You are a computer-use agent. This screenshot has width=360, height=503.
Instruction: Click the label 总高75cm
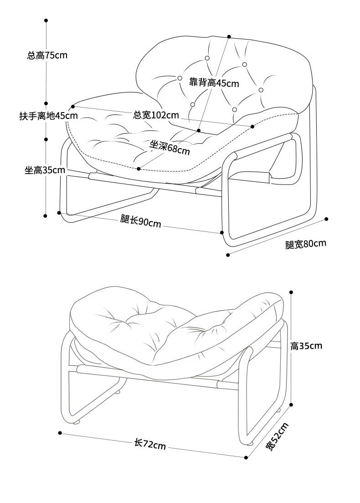point(47,56)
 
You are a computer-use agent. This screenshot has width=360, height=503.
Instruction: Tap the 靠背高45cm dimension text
point(214,83)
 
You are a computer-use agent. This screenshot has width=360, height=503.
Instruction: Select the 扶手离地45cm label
point(48,116)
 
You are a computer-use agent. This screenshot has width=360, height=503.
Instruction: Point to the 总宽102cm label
point(156,115)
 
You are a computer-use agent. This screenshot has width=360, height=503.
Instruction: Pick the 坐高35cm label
point(45,170)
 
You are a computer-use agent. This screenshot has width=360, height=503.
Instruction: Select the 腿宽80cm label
point(306,244)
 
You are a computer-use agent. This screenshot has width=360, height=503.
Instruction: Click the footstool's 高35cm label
point(306,346)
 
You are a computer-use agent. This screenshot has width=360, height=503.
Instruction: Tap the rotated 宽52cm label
point(277,436)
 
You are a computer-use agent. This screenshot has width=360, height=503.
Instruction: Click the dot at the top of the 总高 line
point(46,21)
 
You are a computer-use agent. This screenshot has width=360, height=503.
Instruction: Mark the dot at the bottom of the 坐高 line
point(45,216)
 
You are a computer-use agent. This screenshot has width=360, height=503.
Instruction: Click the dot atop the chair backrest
point(229,36)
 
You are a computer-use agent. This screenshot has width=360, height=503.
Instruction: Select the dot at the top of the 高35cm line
point(291,292)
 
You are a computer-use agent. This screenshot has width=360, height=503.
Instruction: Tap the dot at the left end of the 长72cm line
point(60,432)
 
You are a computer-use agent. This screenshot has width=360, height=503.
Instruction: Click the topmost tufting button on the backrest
point(207,58)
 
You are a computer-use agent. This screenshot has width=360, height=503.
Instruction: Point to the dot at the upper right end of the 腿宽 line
point(326,219)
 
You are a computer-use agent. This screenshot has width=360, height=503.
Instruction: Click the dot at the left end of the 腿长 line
point(59,212)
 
